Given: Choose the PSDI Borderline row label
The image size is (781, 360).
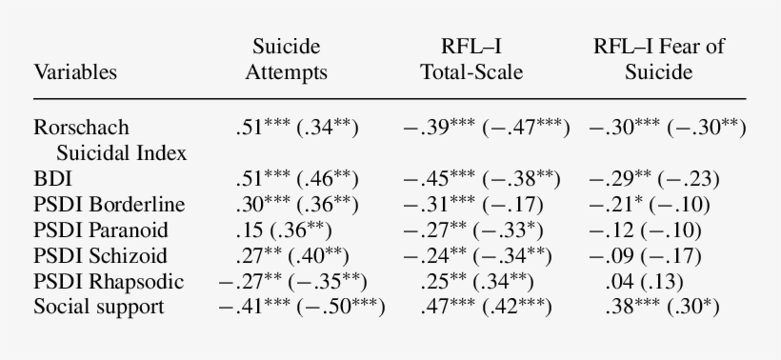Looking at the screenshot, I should pos(110,204).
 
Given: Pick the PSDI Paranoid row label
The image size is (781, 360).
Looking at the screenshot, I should pos(103,230).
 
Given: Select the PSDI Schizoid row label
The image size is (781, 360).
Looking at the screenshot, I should pos(102,255).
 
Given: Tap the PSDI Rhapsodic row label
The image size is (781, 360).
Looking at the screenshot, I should pos(110,281).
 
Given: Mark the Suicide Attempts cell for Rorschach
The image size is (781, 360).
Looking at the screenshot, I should pos(295,127).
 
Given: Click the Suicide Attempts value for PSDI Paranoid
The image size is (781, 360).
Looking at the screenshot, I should pos(295,230).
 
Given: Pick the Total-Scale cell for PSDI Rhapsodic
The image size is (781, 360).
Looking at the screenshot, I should pos(476,281).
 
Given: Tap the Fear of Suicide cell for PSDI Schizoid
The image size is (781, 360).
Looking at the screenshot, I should pos(663,255).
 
